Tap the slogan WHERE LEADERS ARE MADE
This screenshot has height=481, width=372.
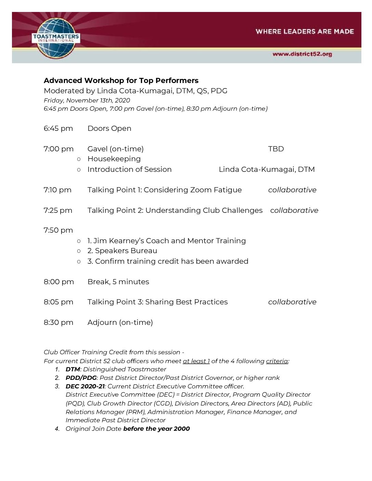pyautogui.click(x=304, y=31)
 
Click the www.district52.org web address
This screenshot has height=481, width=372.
pyautogui.click(x=302, y=54)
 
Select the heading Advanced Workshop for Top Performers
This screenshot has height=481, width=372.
pyautogui.click(x=121, y=81)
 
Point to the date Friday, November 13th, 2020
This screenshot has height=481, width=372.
pyautogui.click(x=87, y=100)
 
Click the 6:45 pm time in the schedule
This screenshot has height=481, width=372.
pyautogui.click(x=58, y=128)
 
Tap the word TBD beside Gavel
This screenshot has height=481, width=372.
pyautogui.click(x=276, y=149)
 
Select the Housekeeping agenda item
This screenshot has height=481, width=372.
pyautogui.click(x=114, y=159)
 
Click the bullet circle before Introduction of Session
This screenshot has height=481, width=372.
pyautogui.click(x=79, y=169)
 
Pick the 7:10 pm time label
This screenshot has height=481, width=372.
pyautogui.click(x=57, y=190)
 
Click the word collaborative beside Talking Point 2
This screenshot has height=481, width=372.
pyautogui.click(x=294, y=210)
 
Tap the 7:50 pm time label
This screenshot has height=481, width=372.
pyautogui.click(x=58, y=230)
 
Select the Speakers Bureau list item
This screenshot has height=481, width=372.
pyautogui.click(x=122, y=251)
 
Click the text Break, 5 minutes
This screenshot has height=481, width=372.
pyautogui.click(x=118, y=282)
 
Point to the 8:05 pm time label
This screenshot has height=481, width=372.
pyautogui.click(x=58, y=302)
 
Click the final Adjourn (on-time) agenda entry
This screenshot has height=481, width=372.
pyautogui.click(x=120, y=322)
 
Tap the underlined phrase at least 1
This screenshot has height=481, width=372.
pyautogui.click(x=196, y=361)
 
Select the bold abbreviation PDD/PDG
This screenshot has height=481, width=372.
pyautogui.click(x=81, y=378)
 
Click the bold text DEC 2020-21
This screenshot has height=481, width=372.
pyautogui.click(x=85, y=386)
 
